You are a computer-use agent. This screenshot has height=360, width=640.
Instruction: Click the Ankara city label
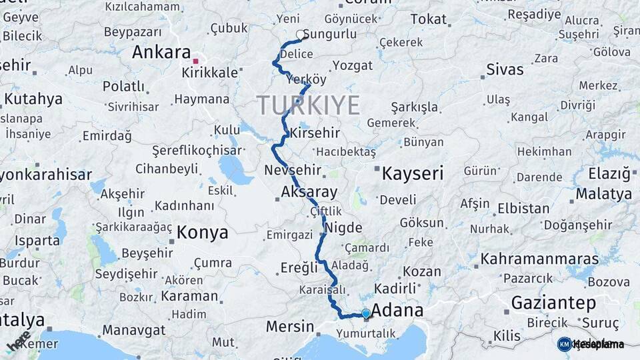point(160,52)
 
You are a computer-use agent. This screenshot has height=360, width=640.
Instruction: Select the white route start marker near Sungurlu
point(300,34)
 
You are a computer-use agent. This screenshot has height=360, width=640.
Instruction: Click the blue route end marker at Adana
point(365,313)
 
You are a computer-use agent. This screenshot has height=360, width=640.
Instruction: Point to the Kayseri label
point(412,174)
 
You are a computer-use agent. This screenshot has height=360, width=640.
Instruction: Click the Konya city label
point(203,233)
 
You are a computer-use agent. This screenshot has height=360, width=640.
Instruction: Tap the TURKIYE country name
point(308,105)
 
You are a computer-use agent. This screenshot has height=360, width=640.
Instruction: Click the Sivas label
point(505,69)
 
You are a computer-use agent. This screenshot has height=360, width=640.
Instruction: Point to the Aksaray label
point(309,192)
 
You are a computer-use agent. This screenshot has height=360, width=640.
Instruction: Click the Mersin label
point(289,327)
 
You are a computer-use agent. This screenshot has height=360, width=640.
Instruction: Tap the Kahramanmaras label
point(539,258)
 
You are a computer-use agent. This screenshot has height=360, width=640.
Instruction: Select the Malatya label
point(604,194)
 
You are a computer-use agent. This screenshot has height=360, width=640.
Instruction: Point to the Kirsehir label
point(313,133)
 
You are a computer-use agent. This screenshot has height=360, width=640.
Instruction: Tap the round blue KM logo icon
point(565,344)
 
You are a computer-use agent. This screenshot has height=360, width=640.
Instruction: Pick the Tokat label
point(428,19)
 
